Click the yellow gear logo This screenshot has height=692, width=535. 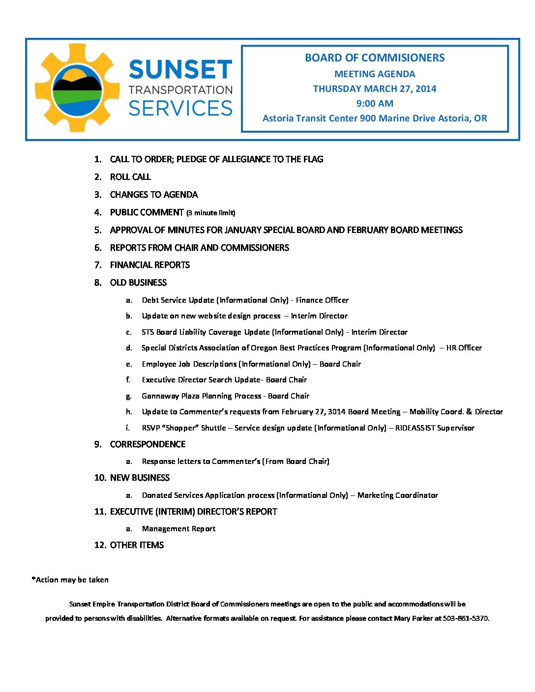[x=77, y=87]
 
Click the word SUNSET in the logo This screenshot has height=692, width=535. [x=180, y=70]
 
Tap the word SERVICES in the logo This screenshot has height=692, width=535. [x=180, y=108]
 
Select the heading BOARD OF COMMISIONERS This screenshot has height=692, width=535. [x=375, y=58]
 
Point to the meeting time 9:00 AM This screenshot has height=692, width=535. [x=375, y=104]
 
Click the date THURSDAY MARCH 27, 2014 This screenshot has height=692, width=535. [x=375, y=89]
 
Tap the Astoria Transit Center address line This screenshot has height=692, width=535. [x=375, y=118]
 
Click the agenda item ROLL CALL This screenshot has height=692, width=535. [x=130, y=177]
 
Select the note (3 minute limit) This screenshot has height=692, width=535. [x=210, y=213]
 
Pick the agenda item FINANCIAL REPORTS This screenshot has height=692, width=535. [x=150, y=265]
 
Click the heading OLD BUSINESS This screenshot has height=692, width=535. [x=138, y=283]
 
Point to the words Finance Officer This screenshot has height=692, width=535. [x=322, y=300]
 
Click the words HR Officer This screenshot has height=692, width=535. [x=464, y=348]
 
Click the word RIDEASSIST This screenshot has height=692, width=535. [x=415, y=428]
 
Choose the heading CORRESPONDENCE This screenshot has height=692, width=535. [x=148, y=444]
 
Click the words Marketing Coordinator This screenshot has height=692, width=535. [x=397, y=495]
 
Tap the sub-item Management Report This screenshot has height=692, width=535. [x=178, y=529]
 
